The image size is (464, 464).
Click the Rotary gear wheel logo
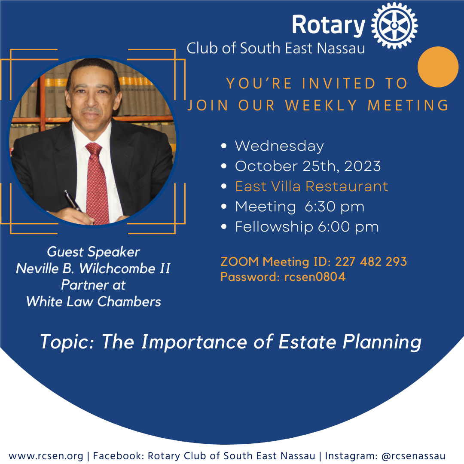(x=394, y=25)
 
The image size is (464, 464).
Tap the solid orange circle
(x=438, y=67)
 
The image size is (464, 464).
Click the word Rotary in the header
(x=329, y=25)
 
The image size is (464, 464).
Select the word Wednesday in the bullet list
(x=279, y=146)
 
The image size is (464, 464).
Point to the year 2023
(x=363, y=166)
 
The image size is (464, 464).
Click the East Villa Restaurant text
(x=311, y=186)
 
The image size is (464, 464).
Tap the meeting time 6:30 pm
(x=334, y=207)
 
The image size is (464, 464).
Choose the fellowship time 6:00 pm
(x=348, y=227)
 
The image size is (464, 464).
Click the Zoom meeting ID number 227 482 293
(x=371, y=262)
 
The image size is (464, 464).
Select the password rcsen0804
(x=314, y=277)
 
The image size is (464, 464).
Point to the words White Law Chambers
(x=94, y=302)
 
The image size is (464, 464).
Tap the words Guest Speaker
(x=93, y=252)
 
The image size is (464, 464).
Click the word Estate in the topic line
(x=308, y=342)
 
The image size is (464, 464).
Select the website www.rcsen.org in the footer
(x=46, y=456)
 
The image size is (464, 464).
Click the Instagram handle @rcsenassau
(x=413, y=456)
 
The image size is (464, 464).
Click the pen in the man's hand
(x=73, y=201)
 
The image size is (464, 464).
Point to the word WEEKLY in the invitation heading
(x=321, y=106)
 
